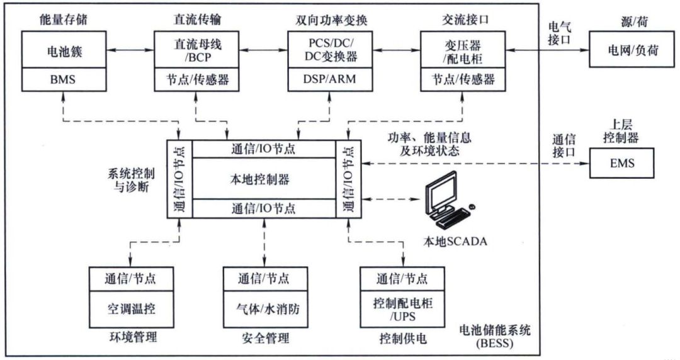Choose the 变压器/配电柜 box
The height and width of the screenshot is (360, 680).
click(x=458, y=50)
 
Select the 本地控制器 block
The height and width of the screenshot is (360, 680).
click(x=264, y=179)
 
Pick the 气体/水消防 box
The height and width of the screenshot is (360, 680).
click(x=264, y=310)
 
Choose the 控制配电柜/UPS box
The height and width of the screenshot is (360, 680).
click(x=402, y=310)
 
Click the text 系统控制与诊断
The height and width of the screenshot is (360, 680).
click(x=130, y=179)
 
